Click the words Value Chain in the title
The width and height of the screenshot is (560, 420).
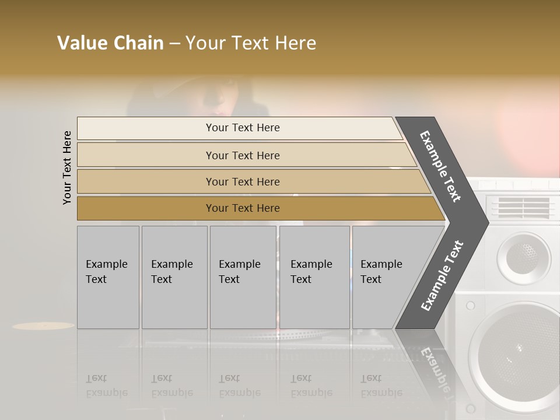coord(110,43)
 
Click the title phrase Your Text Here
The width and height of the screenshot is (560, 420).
coord(251,43)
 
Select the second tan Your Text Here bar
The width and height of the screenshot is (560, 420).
coord(243,155)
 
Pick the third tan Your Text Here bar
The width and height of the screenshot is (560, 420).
coord(243,181)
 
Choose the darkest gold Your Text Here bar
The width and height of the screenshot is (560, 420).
coord(243,208)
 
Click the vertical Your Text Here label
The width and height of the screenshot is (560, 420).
coord(67,167)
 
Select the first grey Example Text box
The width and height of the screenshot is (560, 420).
coord(108,277)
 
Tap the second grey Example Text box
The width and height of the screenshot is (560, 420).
coord(174,277)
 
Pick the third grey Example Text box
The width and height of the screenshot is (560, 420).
coord(243,277)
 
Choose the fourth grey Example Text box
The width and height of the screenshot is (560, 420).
coord(314,277)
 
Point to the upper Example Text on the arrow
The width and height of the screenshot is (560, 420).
coord(440,166)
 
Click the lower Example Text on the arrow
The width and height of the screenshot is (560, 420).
coord(442,275)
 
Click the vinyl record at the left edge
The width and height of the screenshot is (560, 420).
coord(43,325)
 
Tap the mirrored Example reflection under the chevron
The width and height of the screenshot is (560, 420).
coord(435,367)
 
